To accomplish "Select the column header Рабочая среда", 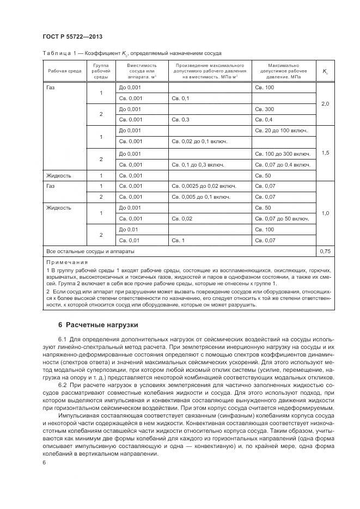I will [x=64, y=71].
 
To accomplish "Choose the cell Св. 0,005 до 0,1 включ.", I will [x=200, y=197].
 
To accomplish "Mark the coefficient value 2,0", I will [x=325, y=103].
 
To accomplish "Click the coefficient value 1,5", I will [x=325, y=153].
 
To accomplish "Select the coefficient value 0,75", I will [x=325, y=252].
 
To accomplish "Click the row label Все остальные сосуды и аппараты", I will [x=90, y=252].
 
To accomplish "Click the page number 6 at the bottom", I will [x=44, y=463].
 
